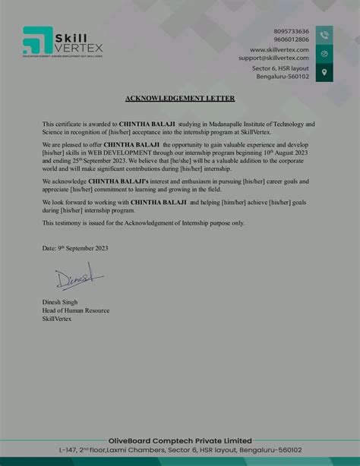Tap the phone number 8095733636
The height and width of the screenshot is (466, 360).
(x=291, y=31)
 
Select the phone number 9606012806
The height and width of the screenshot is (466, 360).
(x=291, y=39)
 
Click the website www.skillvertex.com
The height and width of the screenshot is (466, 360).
(x=279, y=49)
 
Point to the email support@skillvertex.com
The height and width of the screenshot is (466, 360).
(x=273, y=58)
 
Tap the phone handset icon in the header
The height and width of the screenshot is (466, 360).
(x=324, y=35)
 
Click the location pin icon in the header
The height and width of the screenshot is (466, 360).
(x=324, y=73)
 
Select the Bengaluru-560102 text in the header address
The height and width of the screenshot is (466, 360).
(x=283, y=77)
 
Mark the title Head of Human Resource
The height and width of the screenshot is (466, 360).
(x=76, y=310)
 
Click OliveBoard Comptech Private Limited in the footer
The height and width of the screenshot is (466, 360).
(x=180, y=440)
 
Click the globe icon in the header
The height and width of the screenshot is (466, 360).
(x=324, y=54)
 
